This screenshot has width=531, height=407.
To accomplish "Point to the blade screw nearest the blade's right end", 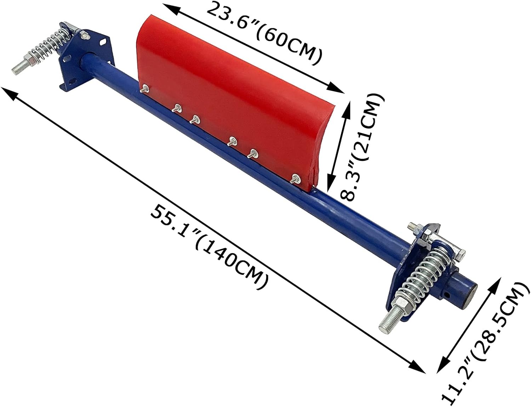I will [x=294, y=179].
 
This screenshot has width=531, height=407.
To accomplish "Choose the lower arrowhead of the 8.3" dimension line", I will [x=331, y=185].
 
